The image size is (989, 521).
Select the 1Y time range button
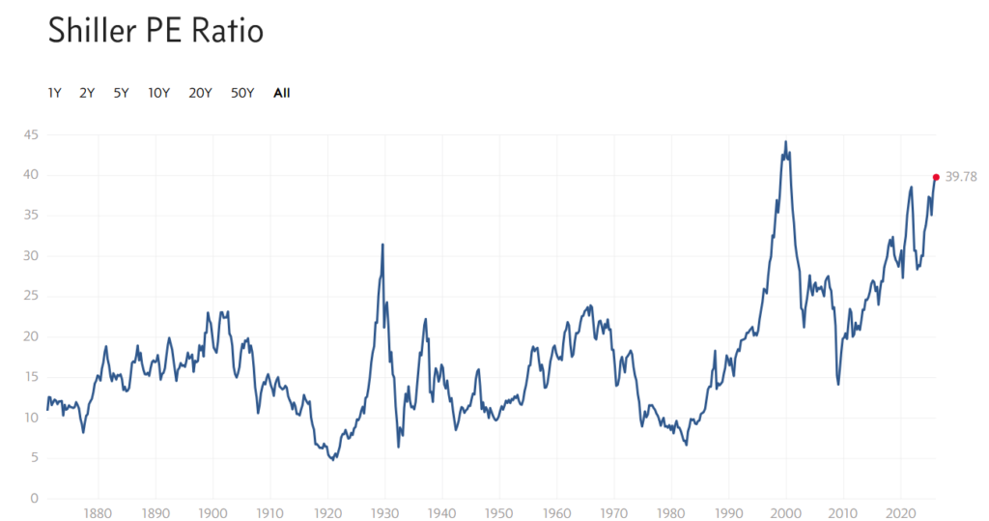(x=55, y=94)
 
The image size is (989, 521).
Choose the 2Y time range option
(x=87, y=94)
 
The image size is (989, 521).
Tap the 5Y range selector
(x=121, y=94)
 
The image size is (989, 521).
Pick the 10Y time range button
(x=159, y=94)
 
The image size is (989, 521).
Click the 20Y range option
(x=201, y=94)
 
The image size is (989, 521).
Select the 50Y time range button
(x=242, y=94)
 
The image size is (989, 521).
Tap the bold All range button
(x=282, y=94)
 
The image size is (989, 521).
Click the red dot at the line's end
(x=936, y=177)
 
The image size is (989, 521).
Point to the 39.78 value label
(x=962, y=177)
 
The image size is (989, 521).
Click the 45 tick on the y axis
(x=31, y=134)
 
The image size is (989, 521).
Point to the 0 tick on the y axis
(x=34, y=499)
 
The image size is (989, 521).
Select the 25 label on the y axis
(x=31, y=297)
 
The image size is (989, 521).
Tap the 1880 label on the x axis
(x=96, y=513)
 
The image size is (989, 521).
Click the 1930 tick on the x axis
(x=385, y=513)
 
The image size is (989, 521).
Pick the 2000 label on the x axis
(x=786, y=513)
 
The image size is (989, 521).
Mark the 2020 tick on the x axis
(x=901, y=513)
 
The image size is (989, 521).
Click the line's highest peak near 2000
(x=785, y=142)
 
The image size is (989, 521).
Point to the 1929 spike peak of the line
(x=382, y=245)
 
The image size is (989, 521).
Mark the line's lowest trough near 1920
(x=333, y=459)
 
